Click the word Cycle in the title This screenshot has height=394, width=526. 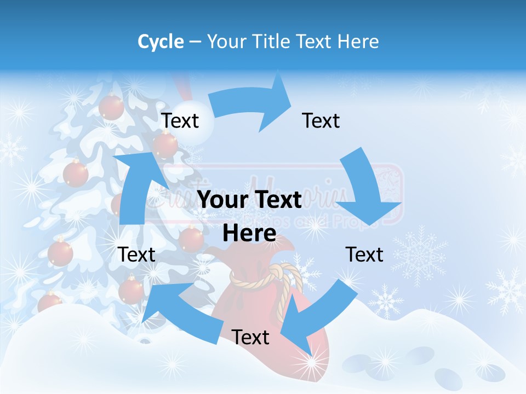(x=161, y=42)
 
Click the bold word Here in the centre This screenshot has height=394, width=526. (x=249, y=233)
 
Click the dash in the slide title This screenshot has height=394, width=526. (x=195, y=42)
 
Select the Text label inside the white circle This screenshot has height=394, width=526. (x=180, y=120)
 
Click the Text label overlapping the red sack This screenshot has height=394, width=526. (x=250, y=337)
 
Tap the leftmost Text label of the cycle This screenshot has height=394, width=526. (x=137, y=254)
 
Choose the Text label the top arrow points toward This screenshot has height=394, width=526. (x=321, y=120)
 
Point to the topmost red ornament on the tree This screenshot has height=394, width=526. (x=111, y=107)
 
